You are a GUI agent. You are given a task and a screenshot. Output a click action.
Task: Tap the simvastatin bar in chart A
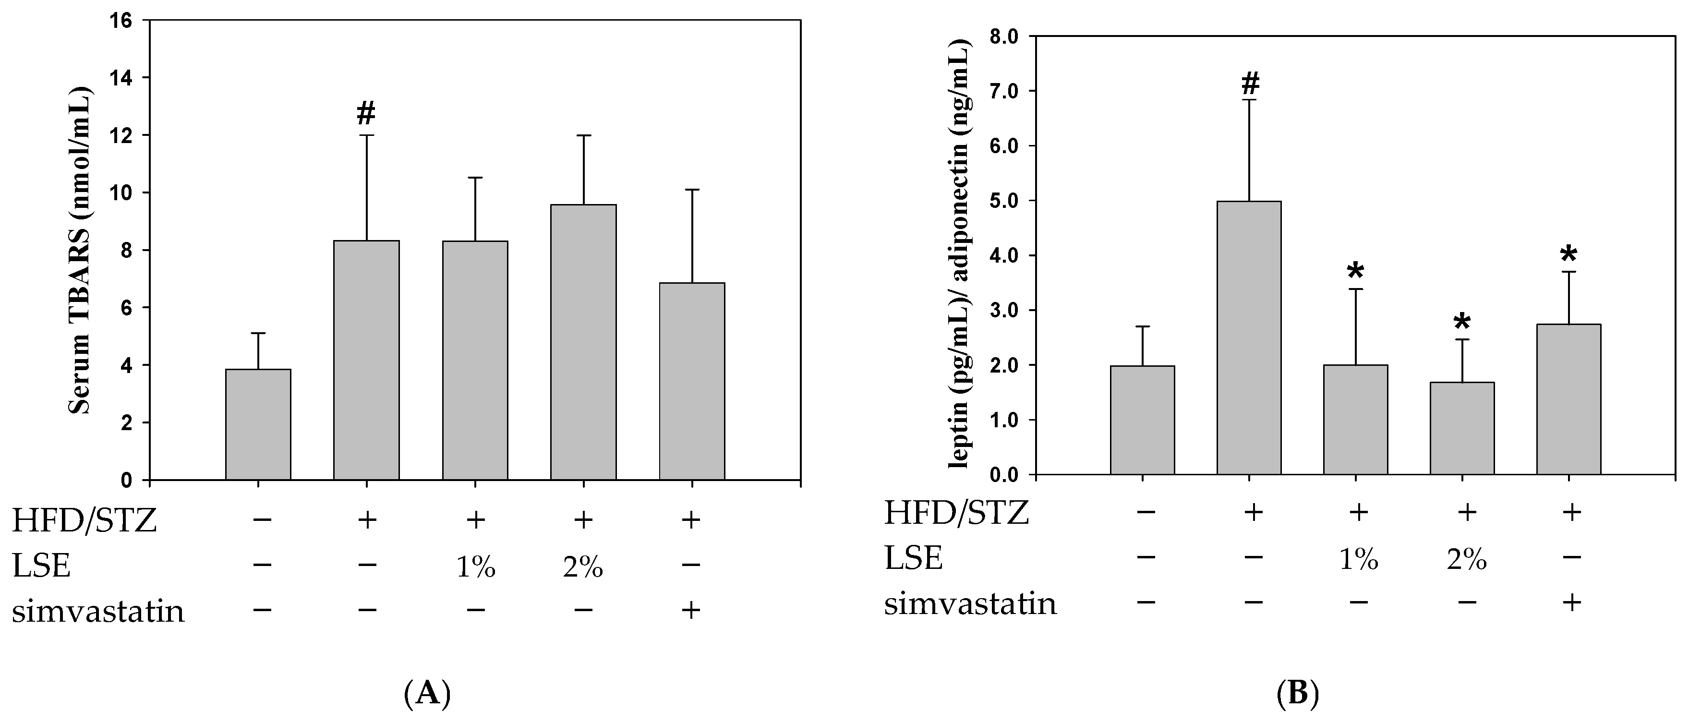pos(692,381)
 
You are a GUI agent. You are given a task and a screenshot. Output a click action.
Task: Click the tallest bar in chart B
pos(1249,337)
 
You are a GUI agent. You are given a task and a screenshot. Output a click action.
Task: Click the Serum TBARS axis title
pos(81,249)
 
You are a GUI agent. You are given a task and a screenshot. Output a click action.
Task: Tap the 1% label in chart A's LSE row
pos(475,566)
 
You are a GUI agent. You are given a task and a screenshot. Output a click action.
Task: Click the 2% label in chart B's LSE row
pos(1466,559)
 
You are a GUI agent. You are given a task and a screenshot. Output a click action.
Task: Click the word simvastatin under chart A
pos(98,611)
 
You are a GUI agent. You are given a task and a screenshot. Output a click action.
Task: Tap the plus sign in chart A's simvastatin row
pos(691,610)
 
